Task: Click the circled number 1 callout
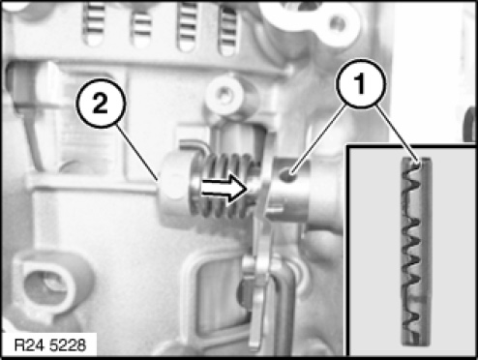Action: coord(361,83)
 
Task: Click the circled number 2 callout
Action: coord(101,104)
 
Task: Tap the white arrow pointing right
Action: coord(223,189)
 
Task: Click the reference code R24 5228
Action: coord(50,345)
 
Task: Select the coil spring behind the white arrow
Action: coord(223,186)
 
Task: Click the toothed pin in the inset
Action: coord(416,252)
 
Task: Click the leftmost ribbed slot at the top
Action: coord(94,22)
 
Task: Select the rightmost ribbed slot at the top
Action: coord(228,30)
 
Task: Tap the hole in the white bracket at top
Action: coord(338,23)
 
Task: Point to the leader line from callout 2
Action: coord(137,153)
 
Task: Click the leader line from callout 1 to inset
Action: coord(397,134)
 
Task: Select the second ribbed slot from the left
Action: coord(141,26)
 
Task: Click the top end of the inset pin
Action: coord(416,159)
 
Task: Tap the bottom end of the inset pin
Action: coord(416,344)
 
